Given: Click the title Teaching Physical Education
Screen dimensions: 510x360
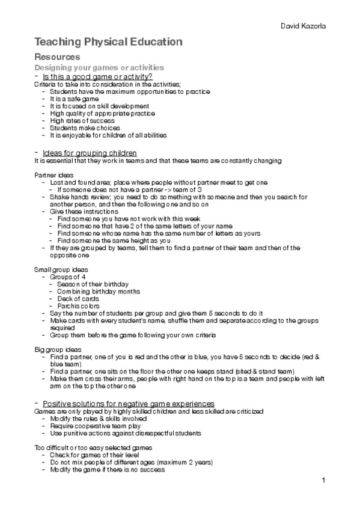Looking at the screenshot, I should coord(109,42).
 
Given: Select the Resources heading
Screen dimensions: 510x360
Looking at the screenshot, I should coord(58,57).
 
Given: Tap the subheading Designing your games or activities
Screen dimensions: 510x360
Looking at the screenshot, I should coord(99,67).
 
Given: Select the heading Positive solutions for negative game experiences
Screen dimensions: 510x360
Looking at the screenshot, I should coord(124,402).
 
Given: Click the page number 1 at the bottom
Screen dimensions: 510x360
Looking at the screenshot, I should coord(323,481).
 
